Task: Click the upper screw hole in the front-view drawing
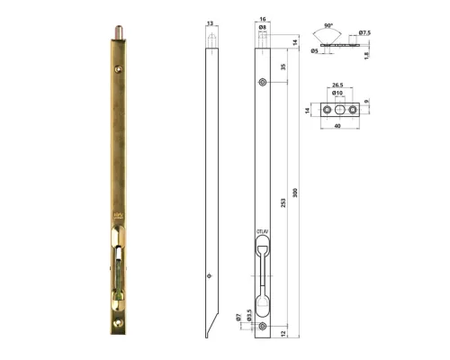(262, 83)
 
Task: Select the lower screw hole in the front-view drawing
(262, 326)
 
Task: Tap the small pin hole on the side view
(209, 277)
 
